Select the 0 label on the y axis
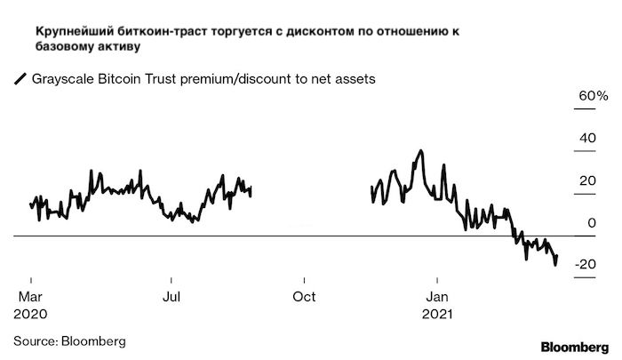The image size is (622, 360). click(x=593, y=222)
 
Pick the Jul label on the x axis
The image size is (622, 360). click(x=171, y=296)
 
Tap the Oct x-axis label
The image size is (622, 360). click(x=304, y=296)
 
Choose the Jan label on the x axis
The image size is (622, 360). click(x=436, y=296)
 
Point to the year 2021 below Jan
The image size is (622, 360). click(x=437, y=314)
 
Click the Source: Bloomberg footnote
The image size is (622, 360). click(x=69, y=340)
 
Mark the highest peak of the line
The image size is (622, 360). click(x=419, y=151)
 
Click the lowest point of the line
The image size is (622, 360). click(x=555, y=265)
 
